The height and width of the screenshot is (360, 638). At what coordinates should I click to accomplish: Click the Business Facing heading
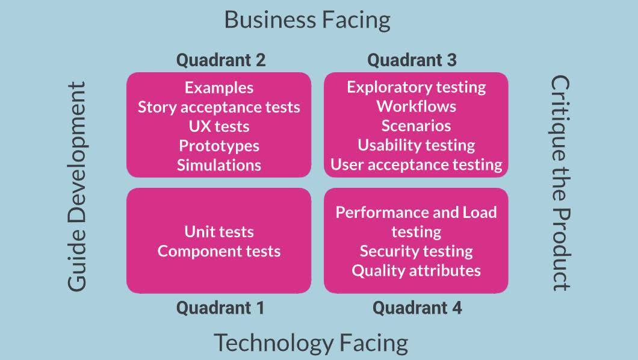(x=307, y=19)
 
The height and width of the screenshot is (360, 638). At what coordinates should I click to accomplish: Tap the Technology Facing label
(x=311, y=343)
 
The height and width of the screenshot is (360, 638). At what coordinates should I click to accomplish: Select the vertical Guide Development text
(x=77, y=187)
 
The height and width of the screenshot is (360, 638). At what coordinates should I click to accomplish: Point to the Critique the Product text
(x=560, y=182)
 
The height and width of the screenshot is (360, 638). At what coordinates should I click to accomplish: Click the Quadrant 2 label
(x=220, y=60)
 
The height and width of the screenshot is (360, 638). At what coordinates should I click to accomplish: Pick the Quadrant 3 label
(x=412, y=60)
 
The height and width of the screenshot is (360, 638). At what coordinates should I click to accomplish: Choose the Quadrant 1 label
(x=220, y=308)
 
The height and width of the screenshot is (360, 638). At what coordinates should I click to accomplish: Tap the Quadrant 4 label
(x=417, y=308)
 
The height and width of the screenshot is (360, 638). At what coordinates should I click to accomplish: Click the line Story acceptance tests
(x=219, y=107)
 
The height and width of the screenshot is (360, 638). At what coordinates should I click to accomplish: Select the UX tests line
(x=219, y=126)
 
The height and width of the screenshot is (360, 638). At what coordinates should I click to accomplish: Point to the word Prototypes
(x=219, y=146)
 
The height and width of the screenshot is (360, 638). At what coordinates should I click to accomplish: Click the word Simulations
(x=219, y=165)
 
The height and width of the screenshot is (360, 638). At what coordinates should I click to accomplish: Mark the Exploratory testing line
(x=416, y=87)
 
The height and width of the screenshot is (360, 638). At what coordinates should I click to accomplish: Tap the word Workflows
(x=416, y=107)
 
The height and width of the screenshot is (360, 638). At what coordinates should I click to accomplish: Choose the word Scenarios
(x=416, y=126)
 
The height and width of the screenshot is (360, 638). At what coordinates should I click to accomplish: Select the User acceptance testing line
(x=416, y=164)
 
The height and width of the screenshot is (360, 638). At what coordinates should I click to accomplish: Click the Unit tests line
(x=219, y=232)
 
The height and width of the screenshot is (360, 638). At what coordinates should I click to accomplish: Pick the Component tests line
(x=219, y=251)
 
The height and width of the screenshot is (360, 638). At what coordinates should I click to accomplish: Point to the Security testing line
(x=416, y=251)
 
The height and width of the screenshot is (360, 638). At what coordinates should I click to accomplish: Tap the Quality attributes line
(x=416, y=270)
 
